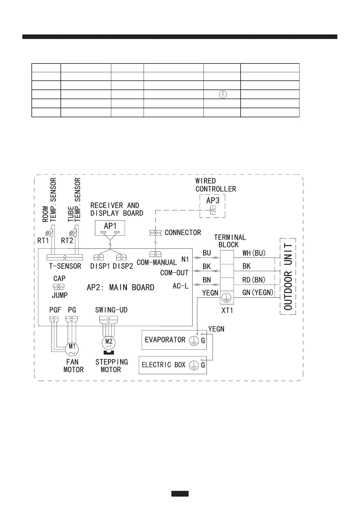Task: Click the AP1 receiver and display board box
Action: click(110, 228)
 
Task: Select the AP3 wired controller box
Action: click(212, 206)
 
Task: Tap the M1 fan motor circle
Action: click(72, 349)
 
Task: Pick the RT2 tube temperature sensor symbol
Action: click(75, 233)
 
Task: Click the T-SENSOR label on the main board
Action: click(65, 266)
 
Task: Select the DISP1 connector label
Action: click(100, 266)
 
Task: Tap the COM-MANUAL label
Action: click(157, 262)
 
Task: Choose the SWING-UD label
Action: click(111, 310)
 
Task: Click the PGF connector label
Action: click(55, 310)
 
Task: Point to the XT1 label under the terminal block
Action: click(227, 310)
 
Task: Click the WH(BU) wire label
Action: click(254, 253)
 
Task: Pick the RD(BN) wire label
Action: click(254, 280)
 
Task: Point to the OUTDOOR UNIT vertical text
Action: click(288, 276)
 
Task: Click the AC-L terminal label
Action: click(180, 286)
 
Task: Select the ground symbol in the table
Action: click(222, 94)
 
